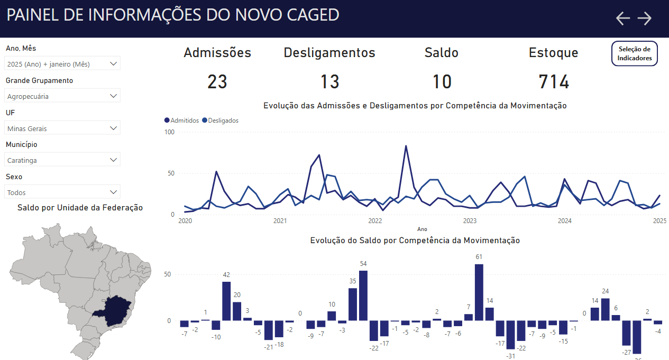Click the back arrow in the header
point(623,19)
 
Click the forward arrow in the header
point(644,19)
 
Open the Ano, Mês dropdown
point(63,64)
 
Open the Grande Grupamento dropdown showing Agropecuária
point(63,96)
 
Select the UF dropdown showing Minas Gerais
point(63,128)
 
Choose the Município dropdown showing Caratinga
point(63,160)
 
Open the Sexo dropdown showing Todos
point(63,192)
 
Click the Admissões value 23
point(217,82)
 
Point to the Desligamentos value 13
point(329,82)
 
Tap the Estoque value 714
point(554,82)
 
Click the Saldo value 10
point(442,82)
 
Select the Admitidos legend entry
point(182,121)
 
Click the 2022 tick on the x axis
point(375,221)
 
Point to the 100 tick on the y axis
point(170,132)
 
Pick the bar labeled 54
point(363,295)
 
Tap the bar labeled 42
point(226,301)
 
